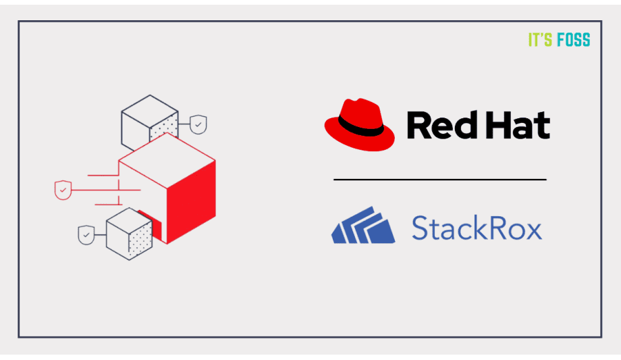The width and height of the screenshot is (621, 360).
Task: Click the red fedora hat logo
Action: (359, 125)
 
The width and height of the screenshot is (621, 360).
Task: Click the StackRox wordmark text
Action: (477, 228)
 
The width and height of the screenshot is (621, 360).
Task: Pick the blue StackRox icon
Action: (362, 226)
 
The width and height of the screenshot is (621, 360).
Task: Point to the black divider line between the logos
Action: (439, 180)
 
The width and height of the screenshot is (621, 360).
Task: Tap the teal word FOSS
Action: (574, 40)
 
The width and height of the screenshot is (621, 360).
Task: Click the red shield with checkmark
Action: (63, 190)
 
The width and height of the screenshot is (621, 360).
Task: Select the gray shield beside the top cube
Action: (198, 124)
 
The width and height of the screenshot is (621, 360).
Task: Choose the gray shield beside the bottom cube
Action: (86, 235)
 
